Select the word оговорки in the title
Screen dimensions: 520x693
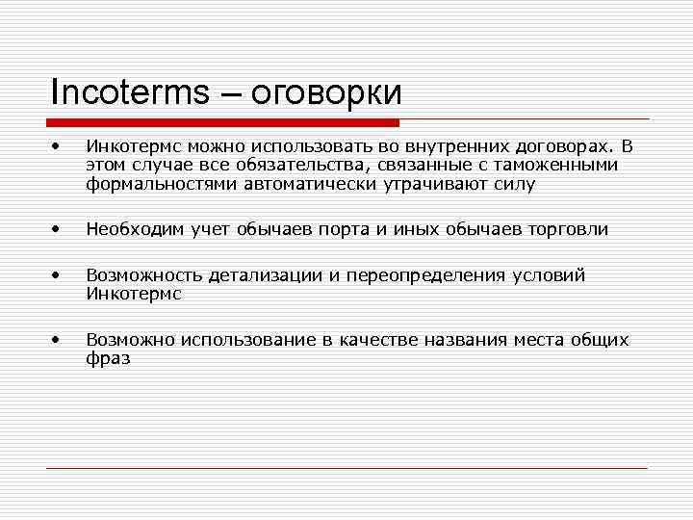coord(326,93)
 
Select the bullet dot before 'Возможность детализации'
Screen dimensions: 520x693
coord(59,275)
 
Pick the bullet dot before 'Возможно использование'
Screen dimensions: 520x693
coord(59,340)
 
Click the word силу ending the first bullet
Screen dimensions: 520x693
coord(512,184)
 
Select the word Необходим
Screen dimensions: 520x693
coord(129,230)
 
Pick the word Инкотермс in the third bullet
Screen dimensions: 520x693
coord(134,294)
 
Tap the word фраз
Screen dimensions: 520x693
coord(108,358)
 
